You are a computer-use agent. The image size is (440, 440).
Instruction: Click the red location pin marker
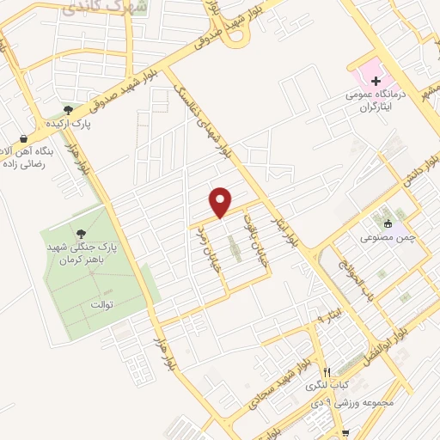coord(221,202)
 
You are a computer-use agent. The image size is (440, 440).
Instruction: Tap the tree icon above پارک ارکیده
coord(69,110)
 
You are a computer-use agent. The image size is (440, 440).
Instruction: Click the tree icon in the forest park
coord(82,232)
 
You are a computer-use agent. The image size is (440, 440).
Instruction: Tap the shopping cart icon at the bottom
coord(345,433)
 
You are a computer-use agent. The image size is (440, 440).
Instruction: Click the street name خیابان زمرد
coord(205,250)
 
